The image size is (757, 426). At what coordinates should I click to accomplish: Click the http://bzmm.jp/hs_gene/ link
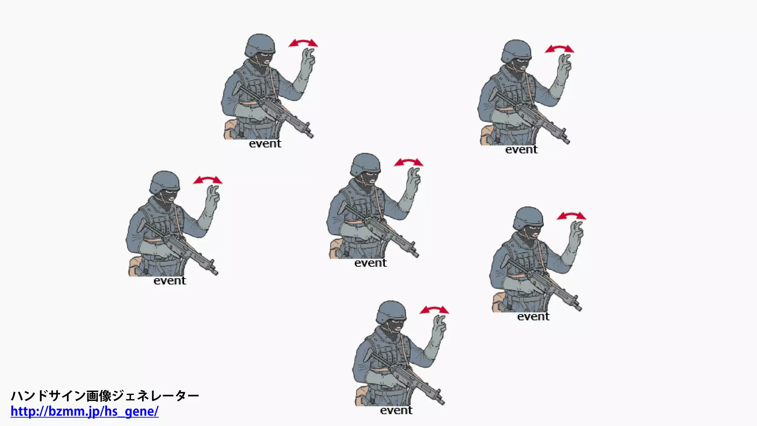coord(84,411)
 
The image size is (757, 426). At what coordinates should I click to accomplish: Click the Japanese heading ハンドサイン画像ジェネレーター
coord(105,396)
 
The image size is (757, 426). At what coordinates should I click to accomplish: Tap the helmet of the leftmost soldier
coord(164,181)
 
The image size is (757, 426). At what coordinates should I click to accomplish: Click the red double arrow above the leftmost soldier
coord(208,180)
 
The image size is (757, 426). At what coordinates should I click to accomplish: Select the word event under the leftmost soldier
coord(170,281)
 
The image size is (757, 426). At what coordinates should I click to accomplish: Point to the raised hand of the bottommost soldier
coord(439,327)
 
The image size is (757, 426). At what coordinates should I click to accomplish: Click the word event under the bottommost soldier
coord(396,410)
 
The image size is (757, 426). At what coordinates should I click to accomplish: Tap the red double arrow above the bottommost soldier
coord(434,310)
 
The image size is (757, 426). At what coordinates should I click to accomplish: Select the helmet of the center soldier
coord(365,164)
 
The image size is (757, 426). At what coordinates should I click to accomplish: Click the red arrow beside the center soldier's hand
coord(408,162)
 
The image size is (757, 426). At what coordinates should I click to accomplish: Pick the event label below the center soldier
coord(370,263)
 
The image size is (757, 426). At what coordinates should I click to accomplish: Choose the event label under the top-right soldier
coord(521,149)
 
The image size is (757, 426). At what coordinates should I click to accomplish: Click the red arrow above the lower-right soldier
coord(571,216)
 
